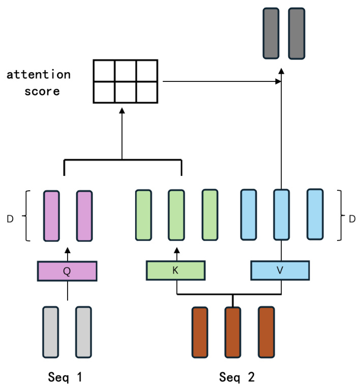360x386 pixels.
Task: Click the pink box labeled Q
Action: coord(67,271)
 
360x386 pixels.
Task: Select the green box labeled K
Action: coord(175,271)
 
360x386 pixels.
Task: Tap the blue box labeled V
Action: coord(280,271)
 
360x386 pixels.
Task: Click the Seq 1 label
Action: coord(66,377)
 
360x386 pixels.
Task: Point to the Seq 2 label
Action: coord(237,377)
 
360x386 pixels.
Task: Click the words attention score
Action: coord(39,83)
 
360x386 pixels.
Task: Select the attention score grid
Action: coord(125,81)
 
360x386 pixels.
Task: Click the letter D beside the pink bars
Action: coord(10,219)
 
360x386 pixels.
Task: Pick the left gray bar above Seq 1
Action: coord(51,332)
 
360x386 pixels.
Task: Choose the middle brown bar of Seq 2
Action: coord(232,332)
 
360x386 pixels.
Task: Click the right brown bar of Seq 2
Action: coord(266,332)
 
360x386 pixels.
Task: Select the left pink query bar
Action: coord(51,215)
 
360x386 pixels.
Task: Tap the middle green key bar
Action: coord(176,215)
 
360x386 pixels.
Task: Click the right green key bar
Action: coord(209,215)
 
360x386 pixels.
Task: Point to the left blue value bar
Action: coord(248,215)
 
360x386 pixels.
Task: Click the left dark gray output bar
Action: coord(272,33)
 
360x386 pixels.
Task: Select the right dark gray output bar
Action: coord(296,33)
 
